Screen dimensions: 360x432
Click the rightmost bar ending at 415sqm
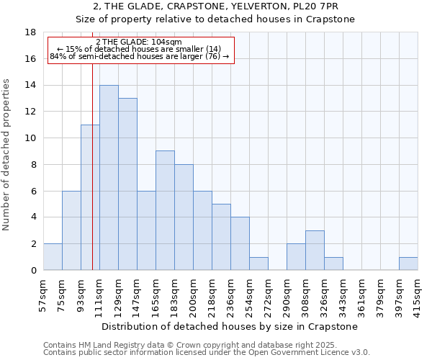click(x=408, y=264)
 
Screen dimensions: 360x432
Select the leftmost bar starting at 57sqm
click(x=53, y=257)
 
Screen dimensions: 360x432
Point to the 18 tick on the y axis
click(x=30, y=32)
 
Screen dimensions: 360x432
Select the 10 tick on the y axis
click(x=30, y=138)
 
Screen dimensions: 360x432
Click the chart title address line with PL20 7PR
click(x=216, y=6)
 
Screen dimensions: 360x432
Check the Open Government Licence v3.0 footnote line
click(x=207, y=353)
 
